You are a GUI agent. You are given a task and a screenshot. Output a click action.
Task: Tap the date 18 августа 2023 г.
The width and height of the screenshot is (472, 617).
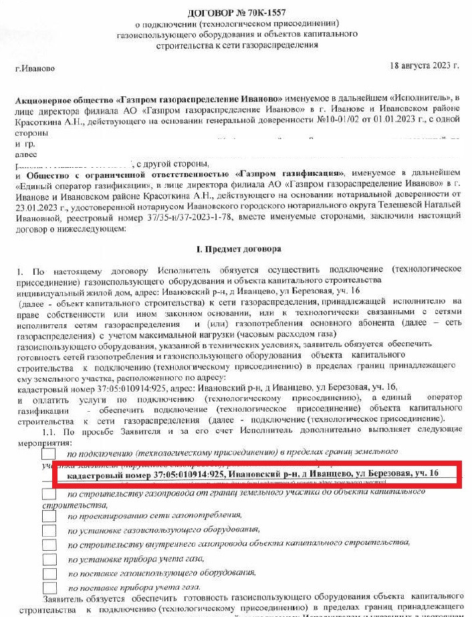click(424, 66)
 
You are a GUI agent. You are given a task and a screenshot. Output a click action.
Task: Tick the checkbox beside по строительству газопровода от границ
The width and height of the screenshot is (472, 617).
click(49, 494)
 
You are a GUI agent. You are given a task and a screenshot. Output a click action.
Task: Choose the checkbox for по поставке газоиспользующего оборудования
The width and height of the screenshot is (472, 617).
click(49, 574)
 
